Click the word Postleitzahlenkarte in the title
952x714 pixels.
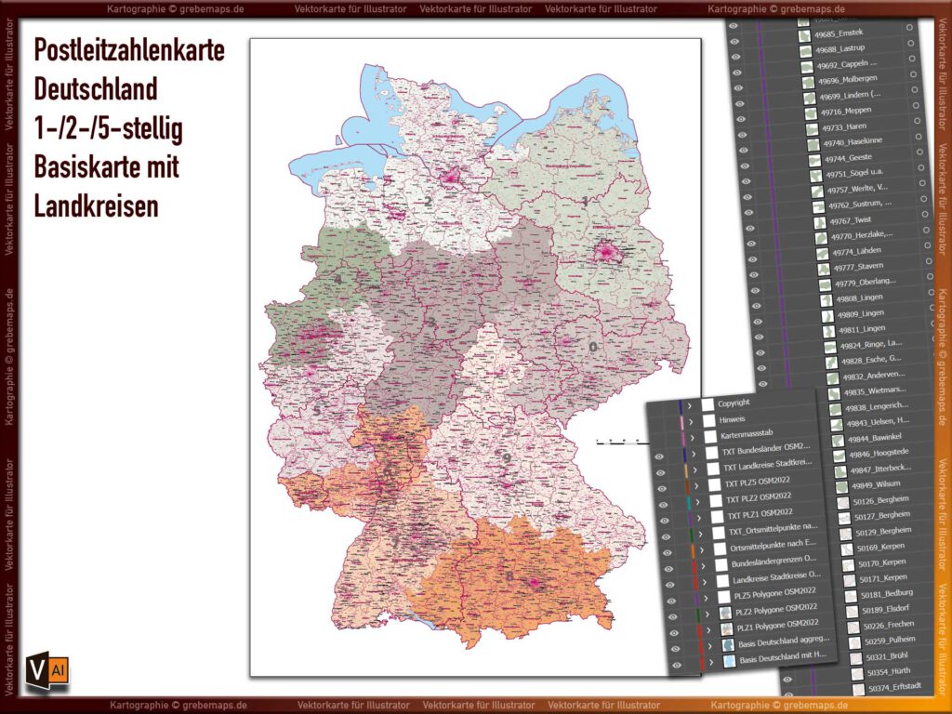tap(128, 51)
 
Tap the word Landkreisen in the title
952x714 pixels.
tap(96, 206)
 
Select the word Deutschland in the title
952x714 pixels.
tap(96, 90)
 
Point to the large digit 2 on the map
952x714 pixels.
tap(429, 201)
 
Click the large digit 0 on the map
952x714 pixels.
tap(592, 347)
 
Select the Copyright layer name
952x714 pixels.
tap(734, 403)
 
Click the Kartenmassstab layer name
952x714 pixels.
tap(749, 435)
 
